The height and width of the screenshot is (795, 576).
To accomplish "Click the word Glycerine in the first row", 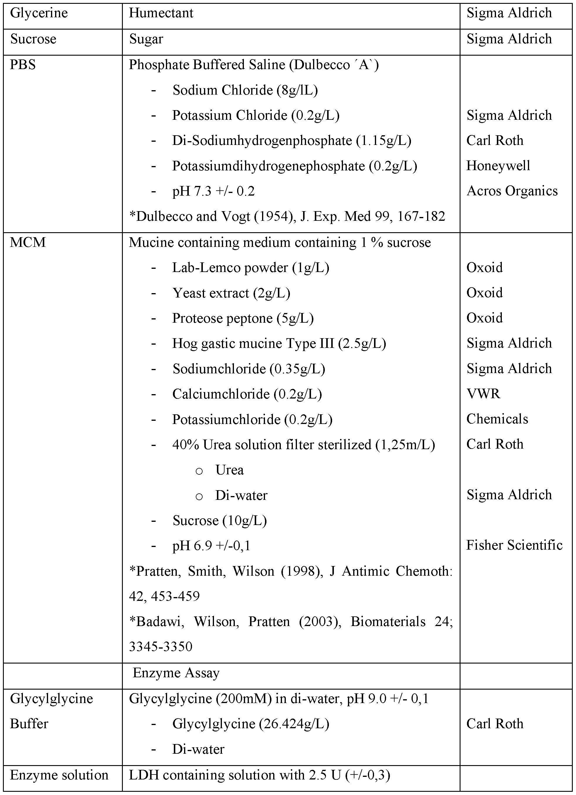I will pyautogui.click(x=39, y=13).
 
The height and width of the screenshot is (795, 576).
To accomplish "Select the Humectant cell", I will pyautogui.click(x=161, y=13).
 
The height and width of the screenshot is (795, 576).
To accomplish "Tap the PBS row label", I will pyautogui.click(x=23, y=65).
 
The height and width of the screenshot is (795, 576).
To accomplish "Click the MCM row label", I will pyautogui.click(x=28, y=242).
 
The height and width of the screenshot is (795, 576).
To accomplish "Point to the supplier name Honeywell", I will pyautogui.click(x=498, y=166).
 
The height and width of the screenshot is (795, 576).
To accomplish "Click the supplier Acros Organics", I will pyautogui.click(x=512, y=191).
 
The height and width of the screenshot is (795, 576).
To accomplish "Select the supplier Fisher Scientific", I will pyautogui.click(x=514, y=545).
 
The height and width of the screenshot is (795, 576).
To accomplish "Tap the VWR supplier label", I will pyautogui.click(x=483, y=394).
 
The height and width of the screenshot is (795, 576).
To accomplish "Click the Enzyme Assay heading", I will pyautogui.click(x=176, y=673).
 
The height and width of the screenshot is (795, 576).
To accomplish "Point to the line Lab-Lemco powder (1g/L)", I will pyautogui.click(x=251, y=268).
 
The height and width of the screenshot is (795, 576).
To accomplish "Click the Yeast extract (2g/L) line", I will pyautogui.click(x=231, y=293).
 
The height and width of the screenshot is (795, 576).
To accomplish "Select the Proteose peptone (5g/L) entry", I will pyautogui.click(x=243, y=318).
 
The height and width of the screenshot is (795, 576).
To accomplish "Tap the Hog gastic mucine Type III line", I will pyautogui.click(x=279, y=343).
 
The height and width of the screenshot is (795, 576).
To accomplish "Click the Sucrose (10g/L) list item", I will pyautogui.click(x=220, y=521).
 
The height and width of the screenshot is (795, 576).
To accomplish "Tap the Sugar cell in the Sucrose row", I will pyautogui.click(x=146, y=39).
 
